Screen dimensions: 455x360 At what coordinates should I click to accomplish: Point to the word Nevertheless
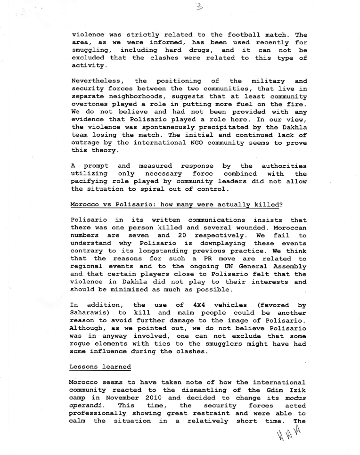coord(97,81)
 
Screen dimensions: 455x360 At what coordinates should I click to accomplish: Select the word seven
coord(139,236)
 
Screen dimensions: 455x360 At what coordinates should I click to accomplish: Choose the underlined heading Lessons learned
coord(100,366)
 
